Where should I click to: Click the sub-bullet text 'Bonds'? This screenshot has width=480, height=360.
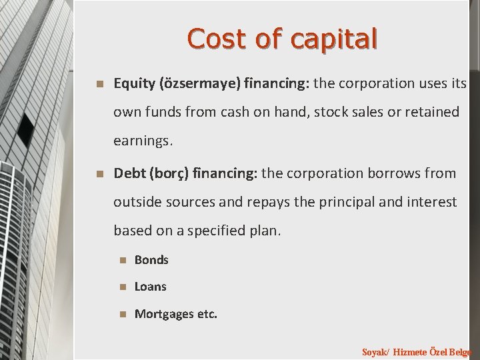coord(151,260)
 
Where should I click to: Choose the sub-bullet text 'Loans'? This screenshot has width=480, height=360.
coord(151,287)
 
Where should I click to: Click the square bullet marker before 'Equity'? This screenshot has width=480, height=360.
coord(99,85)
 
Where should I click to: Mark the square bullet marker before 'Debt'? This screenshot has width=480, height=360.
coord(99,174)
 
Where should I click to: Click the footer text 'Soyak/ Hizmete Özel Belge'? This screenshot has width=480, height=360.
coord(417,351)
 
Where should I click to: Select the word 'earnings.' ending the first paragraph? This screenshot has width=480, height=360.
coord(143,141)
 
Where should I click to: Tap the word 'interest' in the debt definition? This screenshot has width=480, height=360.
coord(433,201)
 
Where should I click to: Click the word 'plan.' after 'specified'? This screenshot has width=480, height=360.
coord(265,230)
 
